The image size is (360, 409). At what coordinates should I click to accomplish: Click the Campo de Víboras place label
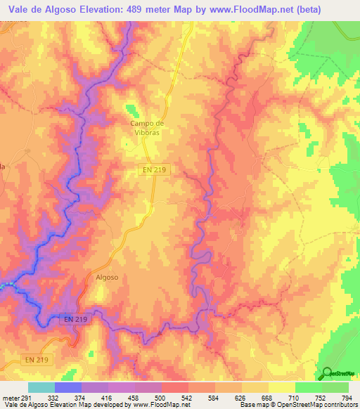[146, 128]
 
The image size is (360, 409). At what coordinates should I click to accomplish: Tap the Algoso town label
[107, 277]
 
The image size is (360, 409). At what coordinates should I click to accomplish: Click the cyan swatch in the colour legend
[41, 388]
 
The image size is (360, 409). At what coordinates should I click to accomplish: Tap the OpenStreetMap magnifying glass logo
[327, 373]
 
